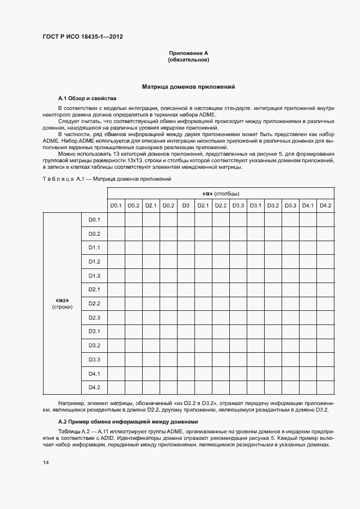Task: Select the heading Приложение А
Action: coord(188,53)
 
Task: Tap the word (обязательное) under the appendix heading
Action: coord(188,60)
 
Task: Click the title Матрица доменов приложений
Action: coord(188,86)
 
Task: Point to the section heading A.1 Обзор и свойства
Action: coord(87,99)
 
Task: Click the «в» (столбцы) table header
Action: coord(221,193)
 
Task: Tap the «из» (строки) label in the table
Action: coord(62,303)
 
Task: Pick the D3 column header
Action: coord(186,205)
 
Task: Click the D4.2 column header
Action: coord(326,205)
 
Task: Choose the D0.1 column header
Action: coord(116,205)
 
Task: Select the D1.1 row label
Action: coord(94,247)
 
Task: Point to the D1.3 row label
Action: coord(94,275)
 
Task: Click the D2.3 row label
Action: coord(94,317)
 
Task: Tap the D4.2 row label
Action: coord(94,387)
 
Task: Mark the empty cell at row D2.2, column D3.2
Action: coord(273,303)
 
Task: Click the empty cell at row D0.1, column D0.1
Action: coord(116,219)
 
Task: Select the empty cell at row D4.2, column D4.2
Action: coord(326,387)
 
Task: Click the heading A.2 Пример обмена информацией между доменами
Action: coord(127,422)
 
